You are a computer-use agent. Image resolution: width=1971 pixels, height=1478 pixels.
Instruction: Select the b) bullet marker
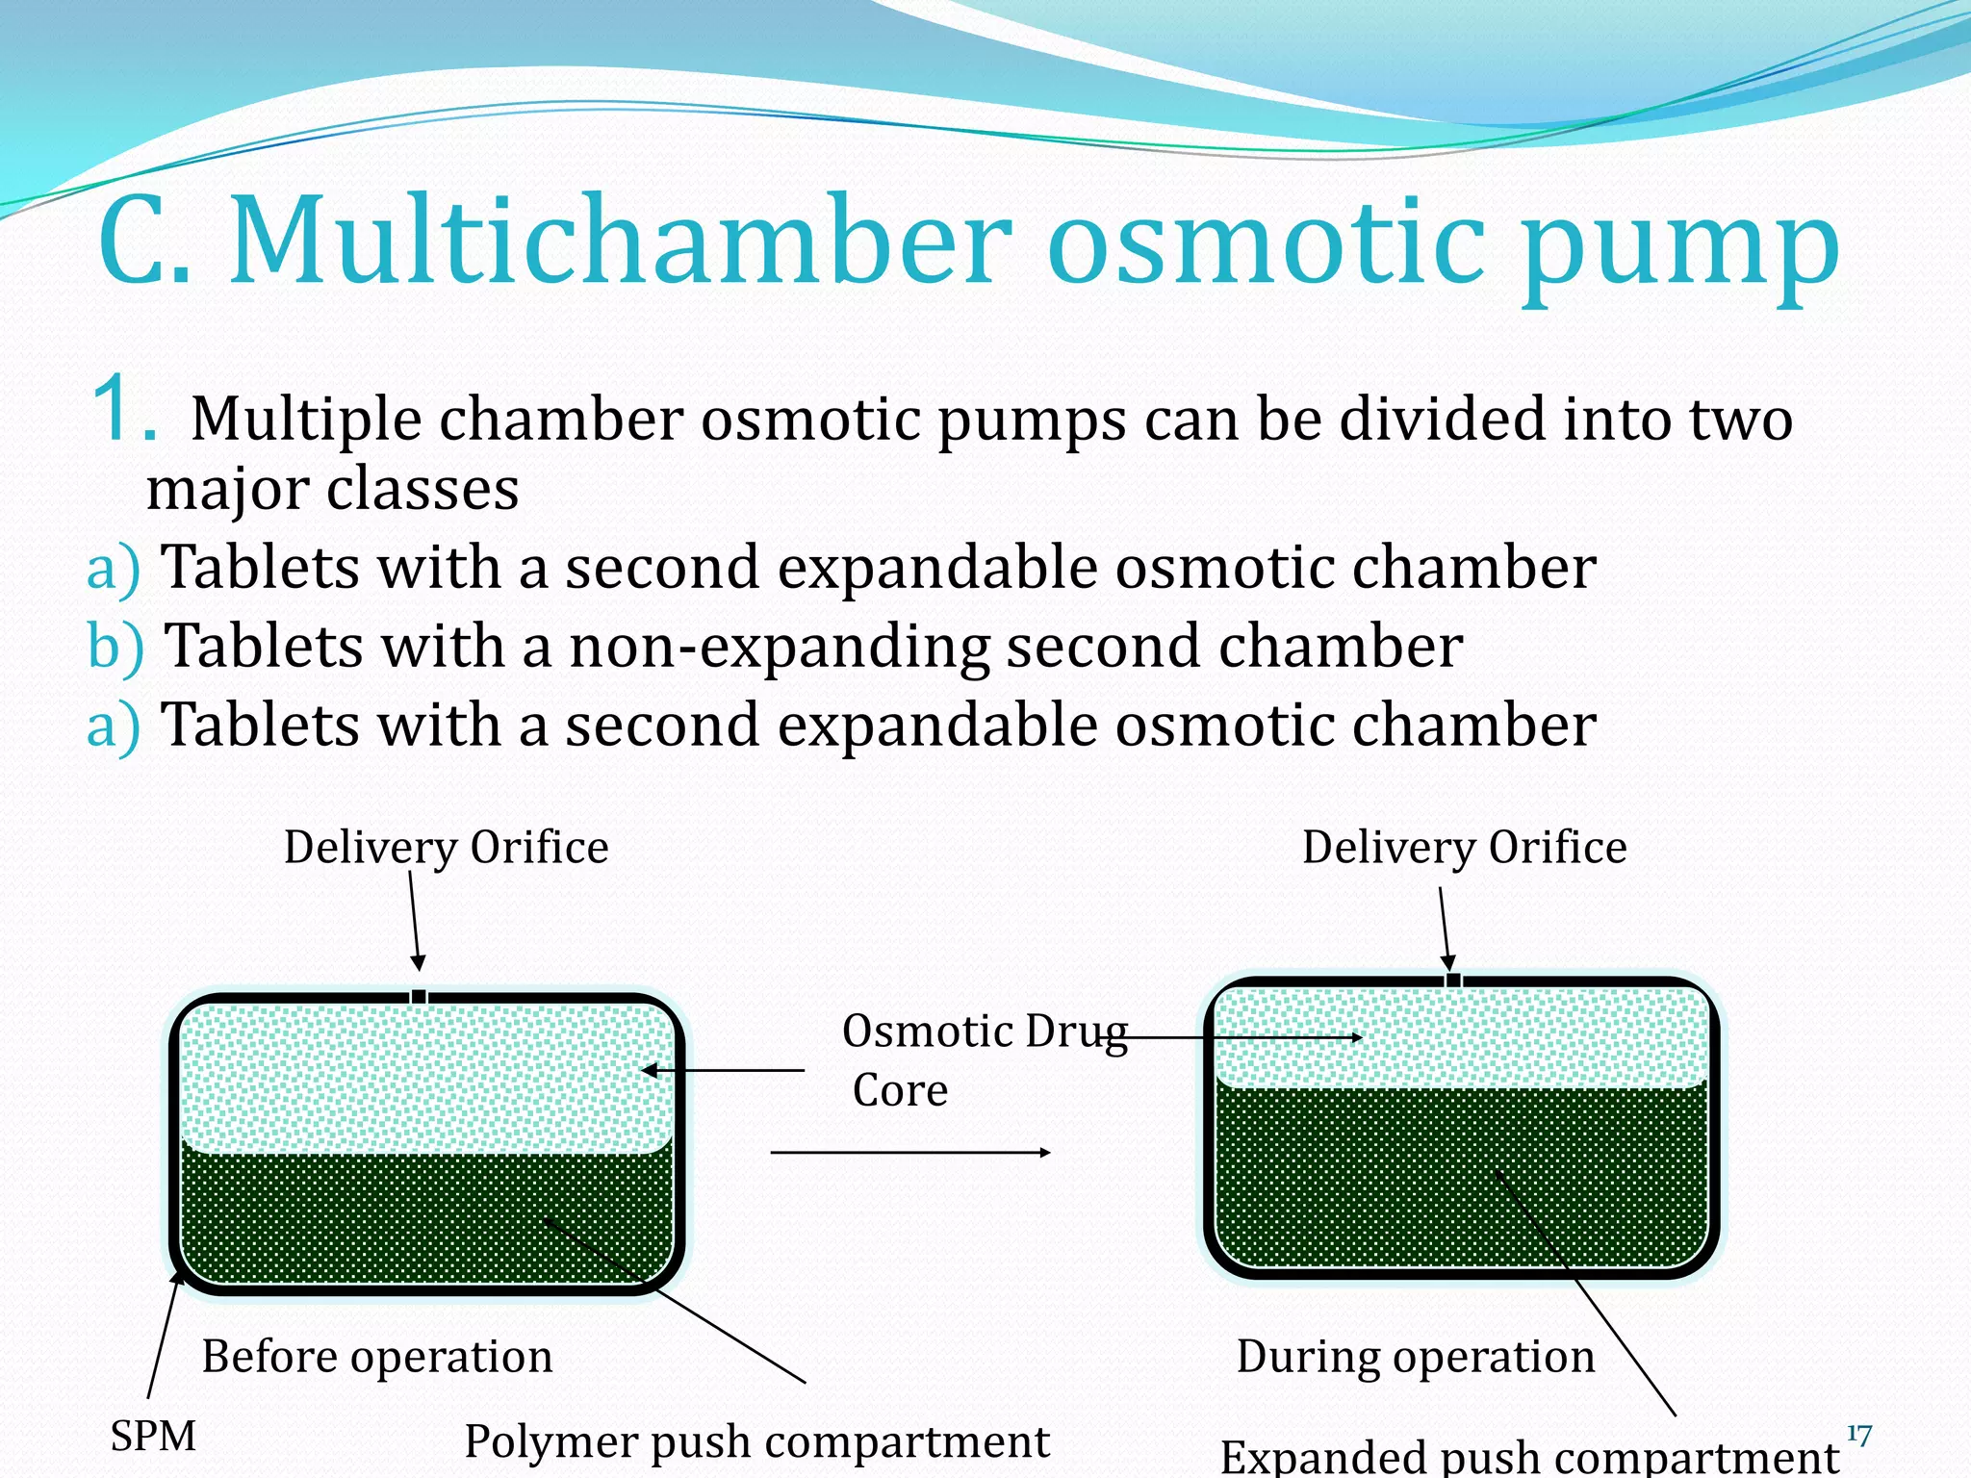(115, 646)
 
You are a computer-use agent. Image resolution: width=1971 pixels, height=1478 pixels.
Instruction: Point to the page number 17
(1858, 1436)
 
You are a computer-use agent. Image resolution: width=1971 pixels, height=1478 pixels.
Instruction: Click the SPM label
(153, 1437)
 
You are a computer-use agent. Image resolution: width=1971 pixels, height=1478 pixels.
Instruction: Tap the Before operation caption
(376, 1357)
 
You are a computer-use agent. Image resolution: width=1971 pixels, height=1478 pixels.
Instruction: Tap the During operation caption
(1415, 1357)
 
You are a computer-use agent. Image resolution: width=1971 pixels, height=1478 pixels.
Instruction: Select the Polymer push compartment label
(756, 1441)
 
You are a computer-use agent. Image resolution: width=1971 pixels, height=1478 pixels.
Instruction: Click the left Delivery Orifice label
(446, 848)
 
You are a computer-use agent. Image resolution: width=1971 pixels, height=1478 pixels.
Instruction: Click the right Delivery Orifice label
(1464, 848)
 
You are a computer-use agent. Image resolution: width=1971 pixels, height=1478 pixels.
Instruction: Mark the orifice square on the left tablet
(419, 997)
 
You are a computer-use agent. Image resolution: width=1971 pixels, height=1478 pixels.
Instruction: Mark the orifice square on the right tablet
(1453, 981)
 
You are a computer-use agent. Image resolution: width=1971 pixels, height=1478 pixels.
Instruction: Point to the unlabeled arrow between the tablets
(909, 1152)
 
